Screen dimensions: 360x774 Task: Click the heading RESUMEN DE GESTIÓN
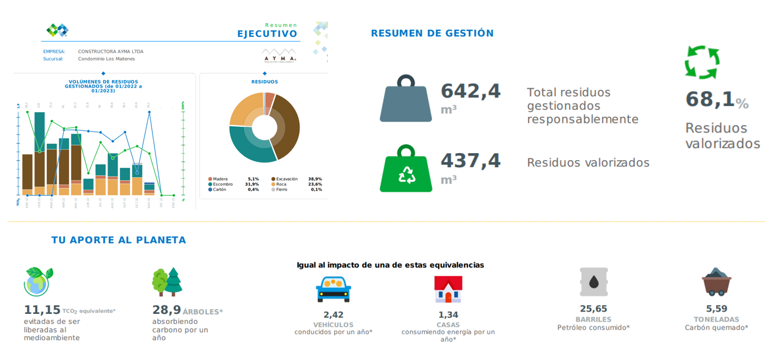(432, 33)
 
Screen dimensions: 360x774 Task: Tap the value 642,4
(471, 91)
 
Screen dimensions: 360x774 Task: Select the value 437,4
(471, 161)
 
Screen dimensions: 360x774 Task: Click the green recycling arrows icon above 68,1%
(702, 62)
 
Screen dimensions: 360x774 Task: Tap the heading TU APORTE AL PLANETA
(119, 240)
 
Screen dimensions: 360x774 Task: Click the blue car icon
(333, 289)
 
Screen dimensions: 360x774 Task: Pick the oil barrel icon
(593, 282)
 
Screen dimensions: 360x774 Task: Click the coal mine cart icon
(716, 282)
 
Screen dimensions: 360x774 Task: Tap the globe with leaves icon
(38, 282)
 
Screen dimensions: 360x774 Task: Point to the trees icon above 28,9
(167, 282)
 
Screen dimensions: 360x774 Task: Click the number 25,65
(593, 309)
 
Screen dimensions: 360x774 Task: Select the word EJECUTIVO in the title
(267, 34)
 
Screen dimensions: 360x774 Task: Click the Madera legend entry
(220, 179)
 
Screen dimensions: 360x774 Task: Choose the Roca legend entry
(281, 184)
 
